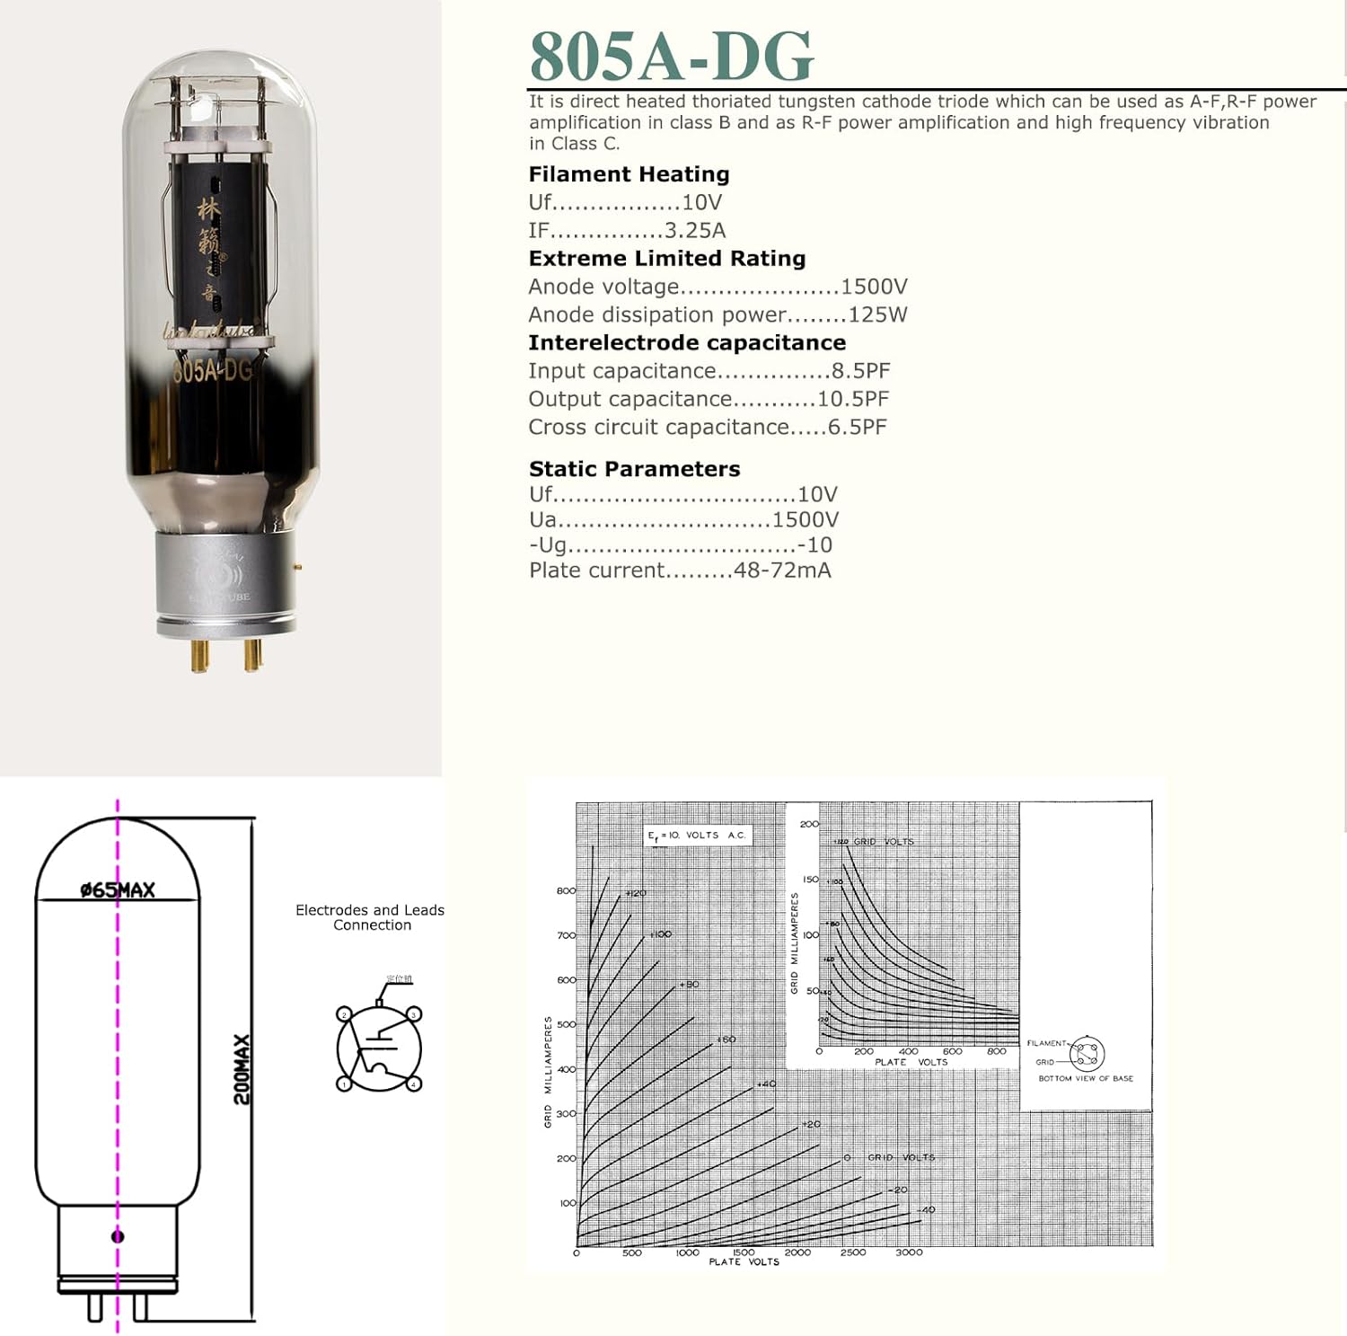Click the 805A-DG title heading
(671, 57)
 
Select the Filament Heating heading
(629, 174)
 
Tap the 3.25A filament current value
(694, 231)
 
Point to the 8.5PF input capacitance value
(860, 371)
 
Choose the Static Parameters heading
(634, 469)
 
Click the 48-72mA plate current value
(781, 571)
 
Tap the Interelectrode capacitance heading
(687, 343)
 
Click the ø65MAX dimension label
(118, 889)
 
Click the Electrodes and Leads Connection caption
(370, 917)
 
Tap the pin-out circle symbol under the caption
(379, 1048)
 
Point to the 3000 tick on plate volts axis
(908, 1252)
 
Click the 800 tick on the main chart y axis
(566, 891)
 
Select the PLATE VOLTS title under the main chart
(744, 1262)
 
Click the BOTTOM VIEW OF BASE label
(1085, 1078)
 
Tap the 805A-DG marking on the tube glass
(213, 369)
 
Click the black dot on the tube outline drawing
(118, 1237)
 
